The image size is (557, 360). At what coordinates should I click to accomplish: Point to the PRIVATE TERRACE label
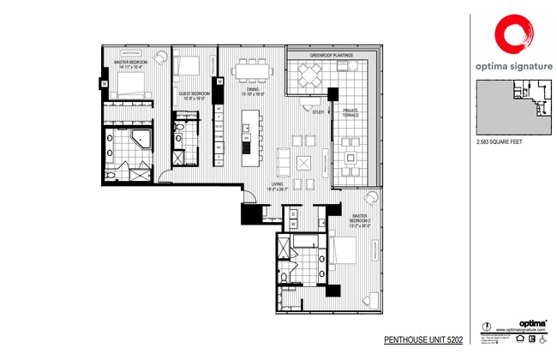pyautogui.click(x=350, y=111)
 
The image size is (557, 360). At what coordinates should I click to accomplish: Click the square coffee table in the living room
pyautogui.click(x=302, y=163)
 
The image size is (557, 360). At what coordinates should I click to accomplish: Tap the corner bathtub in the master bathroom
pyautogui.click(x=139, y=141)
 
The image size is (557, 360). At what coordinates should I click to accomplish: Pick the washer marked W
pyautogui.click(x=293, y=225)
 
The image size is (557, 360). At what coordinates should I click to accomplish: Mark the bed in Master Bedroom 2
pyautogui.click(x=344, y=250)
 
